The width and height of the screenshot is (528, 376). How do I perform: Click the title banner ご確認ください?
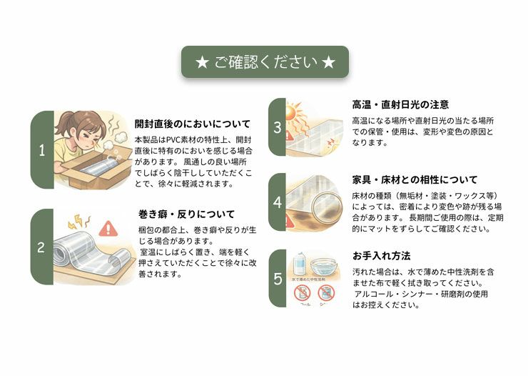(265, 62)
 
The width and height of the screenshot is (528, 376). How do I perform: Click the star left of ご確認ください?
(202, 62)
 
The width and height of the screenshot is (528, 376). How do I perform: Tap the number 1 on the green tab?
(42, 150)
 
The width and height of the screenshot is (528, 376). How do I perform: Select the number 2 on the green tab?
(41, 247)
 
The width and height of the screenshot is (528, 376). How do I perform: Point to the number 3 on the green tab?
(278, 127)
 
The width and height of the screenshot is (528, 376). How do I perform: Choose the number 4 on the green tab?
(278, 202)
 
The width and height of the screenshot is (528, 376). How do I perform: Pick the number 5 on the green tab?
(278, 279)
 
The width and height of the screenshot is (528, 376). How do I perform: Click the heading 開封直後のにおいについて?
(192, 124)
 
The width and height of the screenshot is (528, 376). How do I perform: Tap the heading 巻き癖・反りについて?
(186, 214)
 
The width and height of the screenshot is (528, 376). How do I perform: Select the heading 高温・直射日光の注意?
(400, 104)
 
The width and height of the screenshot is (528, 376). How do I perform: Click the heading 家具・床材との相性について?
(415, 179)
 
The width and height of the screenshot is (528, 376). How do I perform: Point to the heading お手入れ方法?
(382, 256)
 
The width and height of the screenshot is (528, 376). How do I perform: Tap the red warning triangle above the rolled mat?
(108, 229)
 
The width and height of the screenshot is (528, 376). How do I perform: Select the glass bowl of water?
(323, 267)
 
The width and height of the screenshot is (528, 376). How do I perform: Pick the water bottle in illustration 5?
(299, 264)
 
